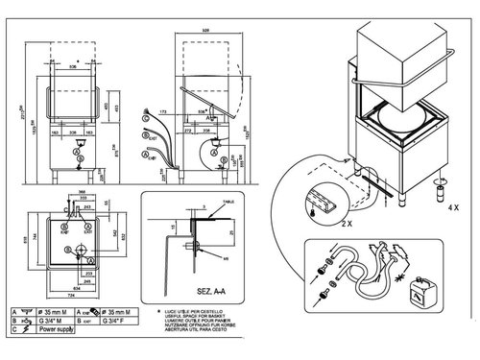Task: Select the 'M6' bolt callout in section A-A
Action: point(225,258)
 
